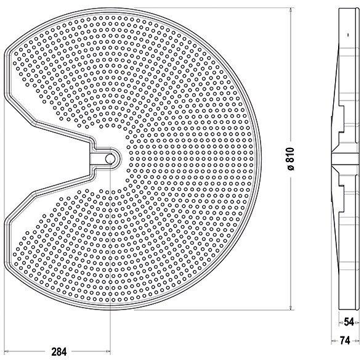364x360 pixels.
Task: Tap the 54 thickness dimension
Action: (348, 322)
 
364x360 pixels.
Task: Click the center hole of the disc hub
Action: (110, 158)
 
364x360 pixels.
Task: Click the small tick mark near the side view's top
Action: (348, 35)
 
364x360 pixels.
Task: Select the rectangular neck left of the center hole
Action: (95, 158)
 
